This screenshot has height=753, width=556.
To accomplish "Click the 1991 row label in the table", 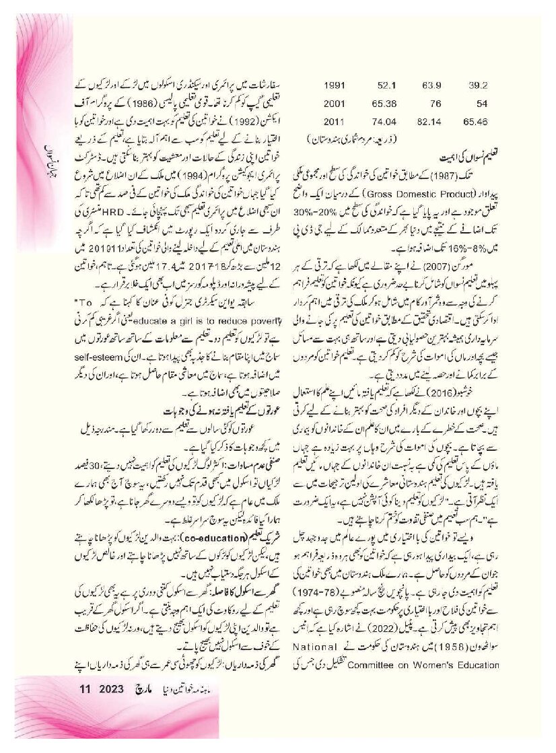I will (x=335, y=85).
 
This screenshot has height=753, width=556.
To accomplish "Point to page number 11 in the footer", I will (x=85, y=727).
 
